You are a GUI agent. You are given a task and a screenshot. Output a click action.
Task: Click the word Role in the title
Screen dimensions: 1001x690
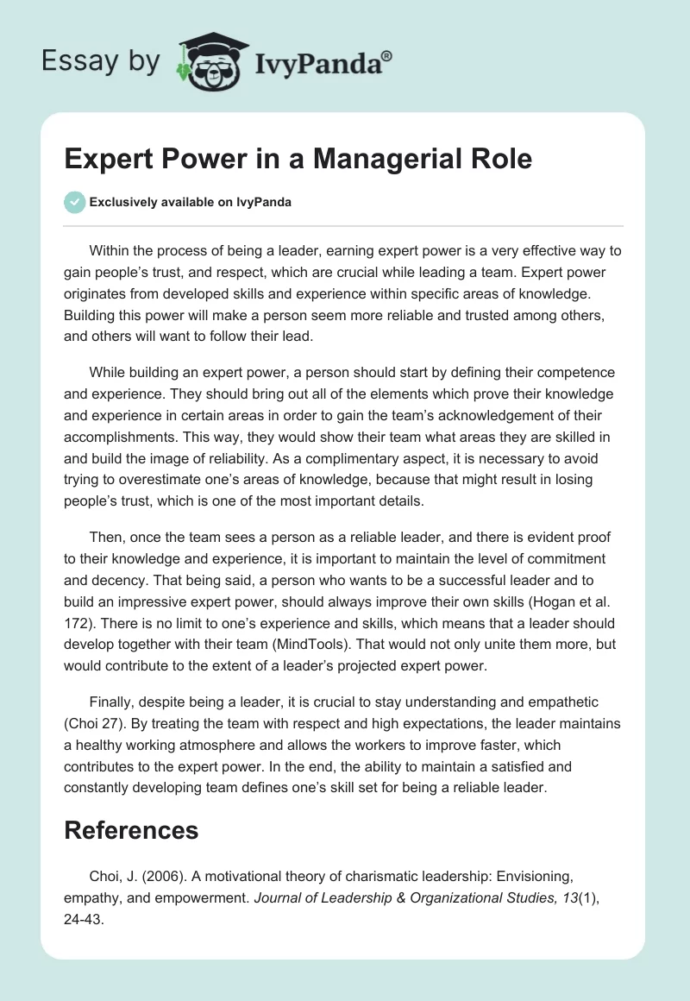click(x=499, y=160)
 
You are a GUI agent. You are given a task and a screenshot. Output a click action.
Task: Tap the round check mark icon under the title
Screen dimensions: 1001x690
click(x=74, y=202)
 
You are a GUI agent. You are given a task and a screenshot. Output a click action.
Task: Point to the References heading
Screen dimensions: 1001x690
click(x=132, y=830)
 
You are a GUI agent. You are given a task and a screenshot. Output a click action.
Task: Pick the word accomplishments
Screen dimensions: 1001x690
click(x=134, y=438)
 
